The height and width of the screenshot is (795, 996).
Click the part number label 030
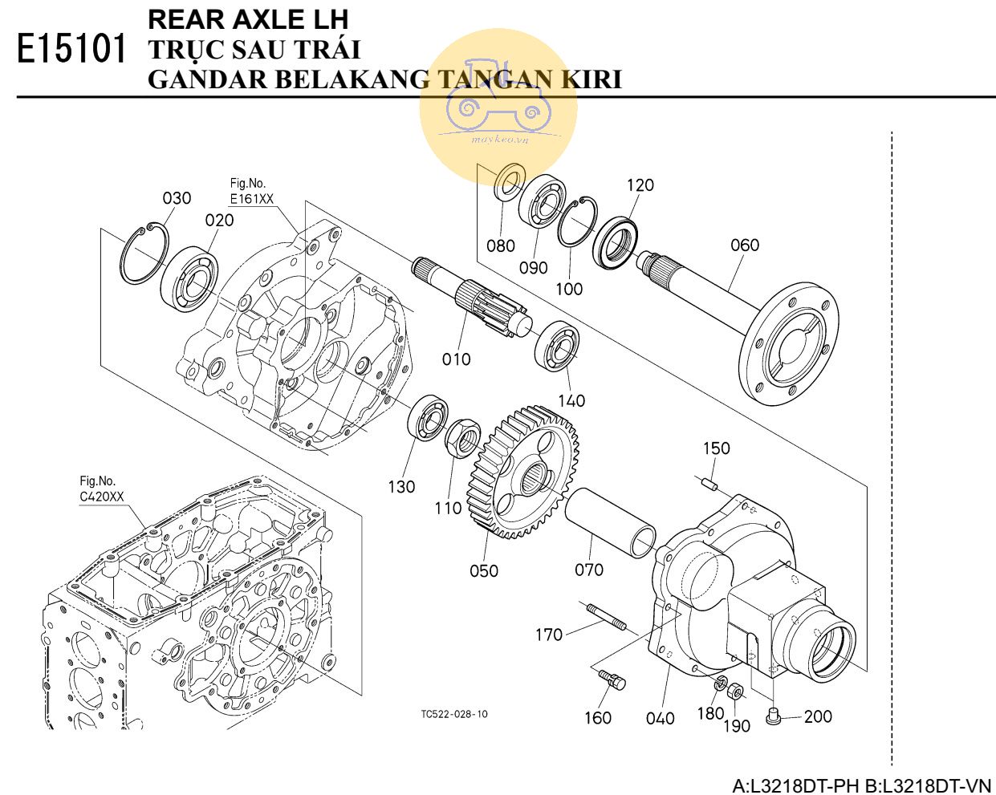pos(177,198)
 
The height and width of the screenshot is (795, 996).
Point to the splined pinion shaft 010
pos(474,298)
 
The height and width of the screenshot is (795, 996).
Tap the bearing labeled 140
pos(557,346)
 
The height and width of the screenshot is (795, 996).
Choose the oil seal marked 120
pos(616,243)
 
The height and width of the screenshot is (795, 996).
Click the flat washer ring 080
pos(509,181)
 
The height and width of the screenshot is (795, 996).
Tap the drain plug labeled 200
pos(774,716)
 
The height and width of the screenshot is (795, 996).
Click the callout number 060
pos(744,245)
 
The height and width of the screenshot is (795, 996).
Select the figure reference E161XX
pos(251,199)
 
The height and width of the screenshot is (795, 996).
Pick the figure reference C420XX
pos(101,497)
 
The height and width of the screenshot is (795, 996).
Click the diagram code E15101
pos(72,50)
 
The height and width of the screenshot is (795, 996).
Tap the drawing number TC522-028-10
pos(453,714)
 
